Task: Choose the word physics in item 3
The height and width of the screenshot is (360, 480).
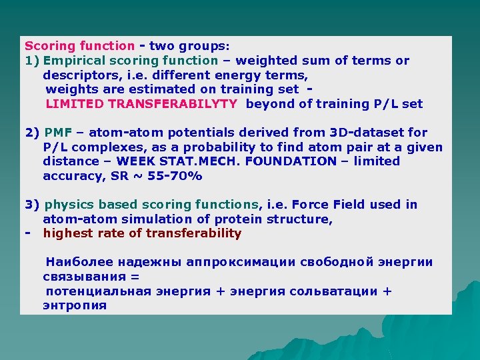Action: tap(68, 205)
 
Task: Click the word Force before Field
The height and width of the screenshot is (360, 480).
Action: tap(310, 205)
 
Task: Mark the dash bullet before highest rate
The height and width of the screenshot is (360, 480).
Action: tap(27, 233)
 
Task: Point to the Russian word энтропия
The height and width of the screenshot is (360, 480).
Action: tap(75, 305)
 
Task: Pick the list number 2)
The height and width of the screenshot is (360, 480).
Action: tap(33, 133)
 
